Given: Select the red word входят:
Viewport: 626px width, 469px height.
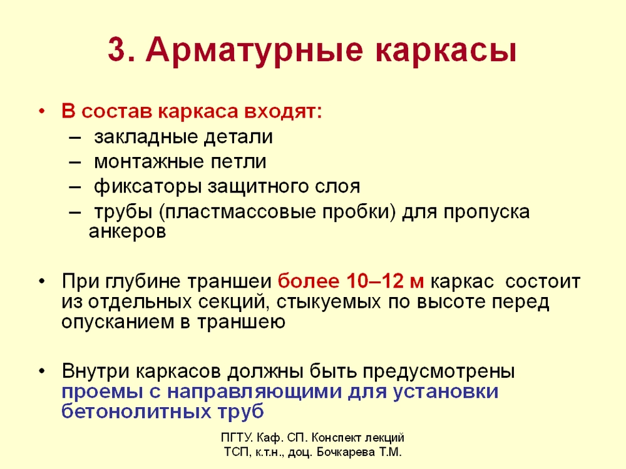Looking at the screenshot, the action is [283, 112].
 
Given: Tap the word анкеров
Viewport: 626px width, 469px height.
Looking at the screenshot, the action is [127, 231].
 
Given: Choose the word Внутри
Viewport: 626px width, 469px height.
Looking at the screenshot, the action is [96, 371].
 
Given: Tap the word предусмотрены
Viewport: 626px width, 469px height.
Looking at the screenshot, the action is [439, 372].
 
